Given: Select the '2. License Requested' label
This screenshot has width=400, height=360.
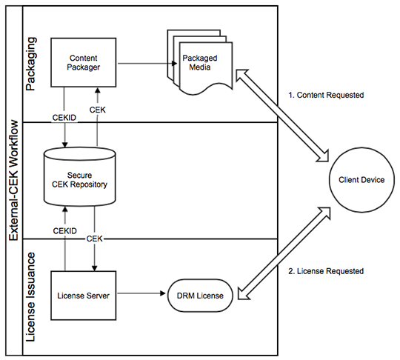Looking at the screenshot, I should coord(327,271).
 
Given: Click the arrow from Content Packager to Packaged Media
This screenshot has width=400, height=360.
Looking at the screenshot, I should coord(141,63).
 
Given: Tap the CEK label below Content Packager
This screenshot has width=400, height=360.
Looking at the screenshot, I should coord(98,110).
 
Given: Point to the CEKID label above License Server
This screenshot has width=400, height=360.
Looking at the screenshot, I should coord(65,231).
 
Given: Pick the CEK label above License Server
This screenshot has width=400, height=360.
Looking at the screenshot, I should coord(94,238).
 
